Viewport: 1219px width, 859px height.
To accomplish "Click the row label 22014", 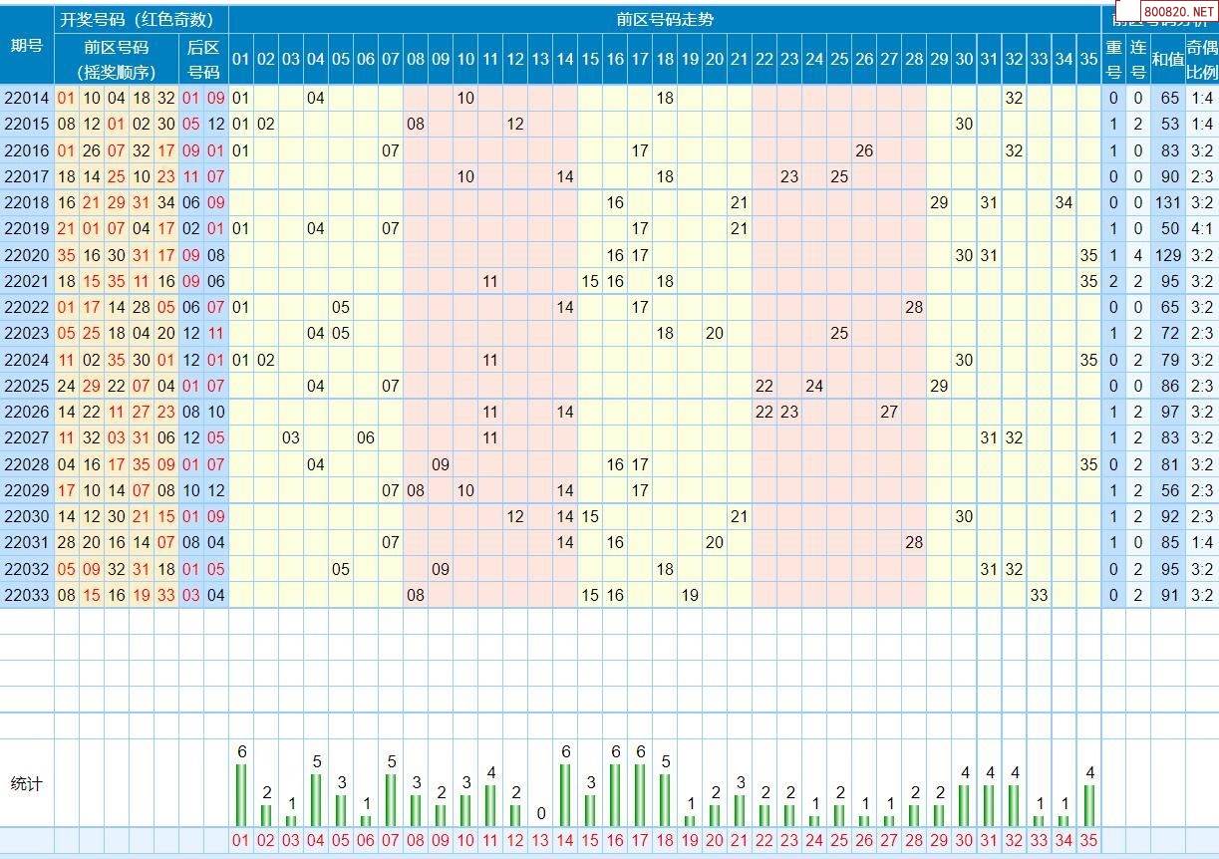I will point(27,99).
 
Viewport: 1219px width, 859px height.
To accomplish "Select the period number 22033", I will point(27,595).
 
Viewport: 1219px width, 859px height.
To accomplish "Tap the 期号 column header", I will point(27,46).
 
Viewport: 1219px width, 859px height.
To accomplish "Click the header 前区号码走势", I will point(665,20).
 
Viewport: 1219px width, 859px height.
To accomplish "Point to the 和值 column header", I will point(1167,60).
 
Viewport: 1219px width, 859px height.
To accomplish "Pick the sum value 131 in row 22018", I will point(1168,202).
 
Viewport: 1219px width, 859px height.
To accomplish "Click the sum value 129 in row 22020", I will point(1168,255).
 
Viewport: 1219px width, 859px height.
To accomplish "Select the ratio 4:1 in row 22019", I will point(1202,228).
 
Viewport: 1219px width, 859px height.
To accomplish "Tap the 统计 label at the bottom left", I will point(27,784).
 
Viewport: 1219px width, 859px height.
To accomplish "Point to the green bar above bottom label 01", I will point(241,795).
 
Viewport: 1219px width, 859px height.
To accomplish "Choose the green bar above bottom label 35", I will point(1089,805).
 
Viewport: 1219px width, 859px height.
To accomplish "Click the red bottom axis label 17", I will point(640,841).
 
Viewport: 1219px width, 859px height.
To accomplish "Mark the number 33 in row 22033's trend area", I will point(1040,595).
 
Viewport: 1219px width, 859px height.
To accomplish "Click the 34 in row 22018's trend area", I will point(1065,202).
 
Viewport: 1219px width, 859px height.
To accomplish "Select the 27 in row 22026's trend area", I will point(889,412).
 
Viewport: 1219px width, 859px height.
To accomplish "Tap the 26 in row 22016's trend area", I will point(864,150).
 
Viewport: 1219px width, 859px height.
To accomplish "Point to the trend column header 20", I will point(715,60).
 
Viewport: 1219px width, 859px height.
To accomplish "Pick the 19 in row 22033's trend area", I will point(690,595).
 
